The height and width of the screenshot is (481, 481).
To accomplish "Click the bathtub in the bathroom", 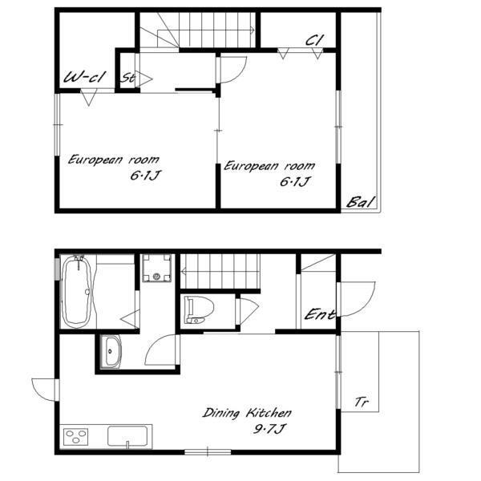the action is pyautogui.click(x=76, y=292).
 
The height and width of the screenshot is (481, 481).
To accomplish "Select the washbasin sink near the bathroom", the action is pyautogui.click(x=111, y=352).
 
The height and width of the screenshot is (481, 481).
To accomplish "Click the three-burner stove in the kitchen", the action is pyautogui.click(x=76, y=437).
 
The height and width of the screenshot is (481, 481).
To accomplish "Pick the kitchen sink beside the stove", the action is pyautogui.click(x=127, y=436).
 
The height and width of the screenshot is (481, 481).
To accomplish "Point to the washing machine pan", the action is pyautogui.click(x=156, y=268).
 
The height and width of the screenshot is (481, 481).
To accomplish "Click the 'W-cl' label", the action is pyautogui.click(x=85, y=77).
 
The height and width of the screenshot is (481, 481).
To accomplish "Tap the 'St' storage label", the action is pyautogui.click(x=127, y=78).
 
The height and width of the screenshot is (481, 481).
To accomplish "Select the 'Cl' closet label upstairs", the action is pyautogui.click(x=315, y=40).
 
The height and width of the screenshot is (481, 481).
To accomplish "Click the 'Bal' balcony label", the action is pyautogui.click(x=361, y=202).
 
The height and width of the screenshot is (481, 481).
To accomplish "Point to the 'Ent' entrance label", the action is pyautogui.click(x=319, y=314).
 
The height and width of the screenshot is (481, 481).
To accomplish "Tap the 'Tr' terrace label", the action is pyautogui.click(x=362, y=402).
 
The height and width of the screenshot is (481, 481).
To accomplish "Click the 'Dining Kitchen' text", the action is pyautogui.click(x=247, y=413).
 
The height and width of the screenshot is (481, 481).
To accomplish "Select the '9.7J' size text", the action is pyautogui.click(x=269, y=429).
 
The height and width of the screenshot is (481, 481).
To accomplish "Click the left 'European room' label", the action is pyautogui.click(x=114, y=160).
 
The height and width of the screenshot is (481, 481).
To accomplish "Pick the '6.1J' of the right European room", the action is pyautogui.click(x=294, y=182).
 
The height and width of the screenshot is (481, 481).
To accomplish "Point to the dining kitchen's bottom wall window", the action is pyautogui.click(x=208, y=451).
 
